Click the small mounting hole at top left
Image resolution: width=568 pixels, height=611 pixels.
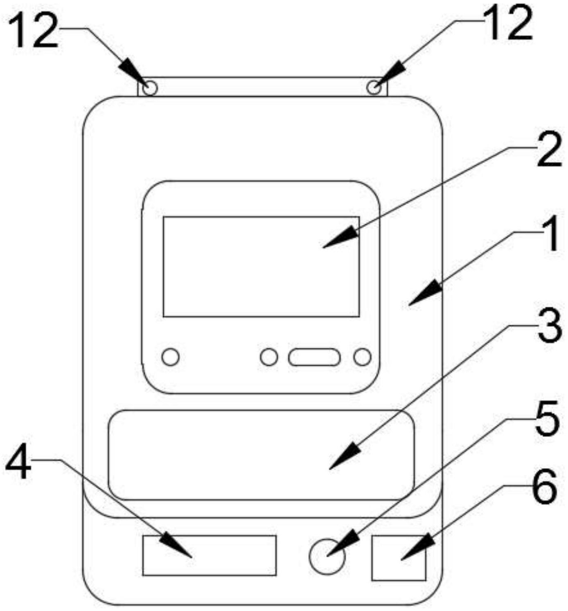(x=150, y=88)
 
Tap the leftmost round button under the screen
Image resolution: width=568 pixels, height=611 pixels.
(x=170, y=357)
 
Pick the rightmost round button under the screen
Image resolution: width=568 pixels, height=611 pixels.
(x=362, y=357)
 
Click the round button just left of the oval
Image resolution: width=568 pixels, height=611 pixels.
(x=269, y=357)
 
